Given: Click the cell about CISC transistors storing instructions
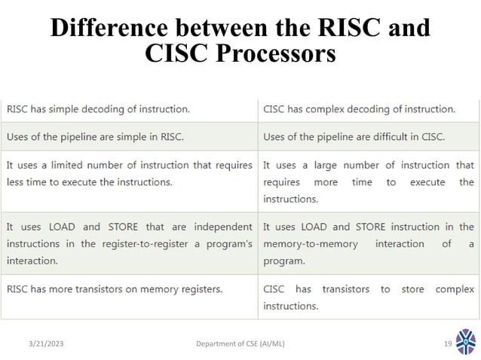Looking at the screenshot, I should pyautogui.click(x=369, y=297).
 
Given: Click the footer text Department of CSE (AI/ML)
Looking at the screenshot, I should pyautogui.click(x=240, y=344).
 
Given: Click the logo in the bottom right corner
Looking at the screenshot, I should pyautogui.click(x=466, y=342).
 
